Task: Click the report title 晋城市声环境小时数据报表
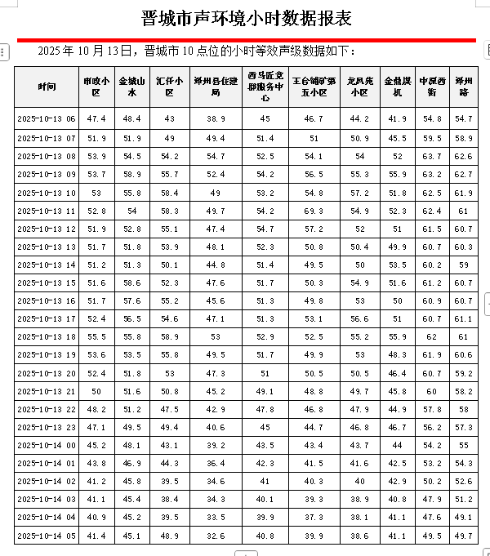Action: pyautogui.click(x=246, y=19)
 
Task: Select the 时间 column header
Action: pyautogui.click(x=47, y=87)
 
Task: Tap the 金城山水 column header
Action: pyautogui.click(x=132, y=87)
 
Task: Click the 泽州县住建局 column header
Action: pyautogui.click(x=216, y=87)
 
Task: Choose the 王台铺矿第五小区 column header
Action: pyautogui.click(x=314, y=87)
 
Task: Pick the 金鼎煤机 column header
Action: pyautogui.click(x=398, y=87)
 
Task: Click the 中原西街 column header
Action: pyautogui.click(x=432, y=87)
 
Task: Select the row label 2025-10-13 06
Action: pyautogui.click(x=47, y=119)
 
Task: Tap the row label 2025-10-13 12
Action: pyautogui.click(x=47, y=229)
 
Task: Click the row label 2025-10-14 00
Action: pyautogui.click(x=47, y=445)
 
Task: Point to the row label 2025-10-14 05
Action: pyautogui.click(x=47, y=536)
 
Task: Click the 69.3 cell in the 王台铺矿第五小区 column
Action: pyautogui.click(x=314, y=211)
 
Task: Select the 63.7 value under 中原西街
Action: pyautogui.click(x=432, y=156)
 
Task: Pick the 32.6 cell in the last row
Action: pyautogui.click(x=216, y=536)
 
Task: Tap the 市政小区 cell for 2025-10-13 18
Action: pyautogui.click(x=96, y=336)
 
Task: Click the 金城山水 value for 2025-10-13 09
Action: pyautogui.click(x=132, y=174)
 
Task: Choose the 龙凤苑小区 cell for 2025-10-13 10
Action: pyautogui.click(x=359, y=193)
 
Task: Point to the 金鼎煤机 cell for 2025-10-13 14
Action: pyautogui.click(x=398, y=265)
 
